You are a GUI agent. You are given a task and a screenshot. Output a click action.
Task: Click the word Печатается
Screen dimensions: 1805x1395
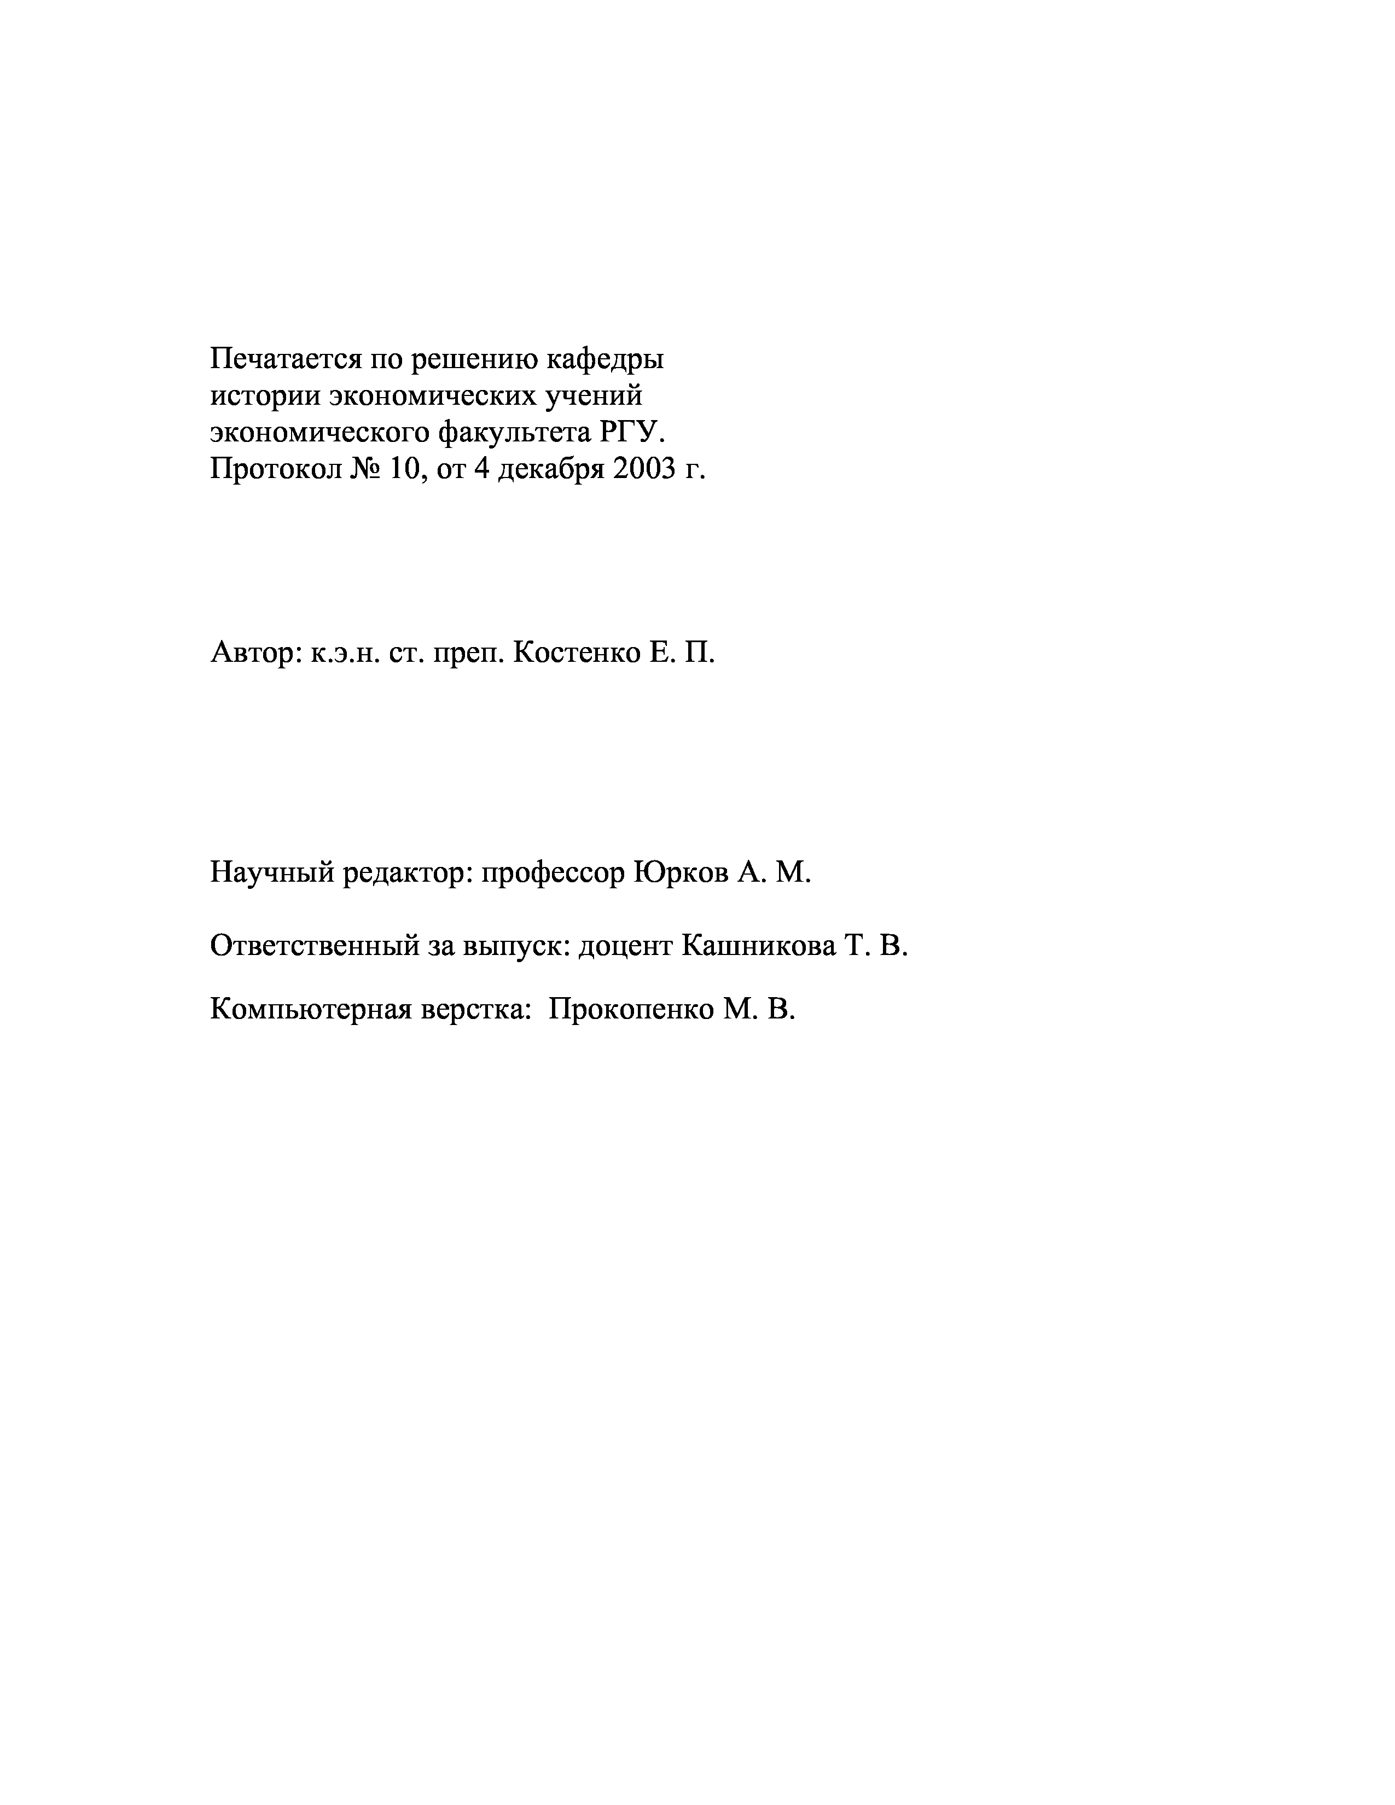284,359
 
